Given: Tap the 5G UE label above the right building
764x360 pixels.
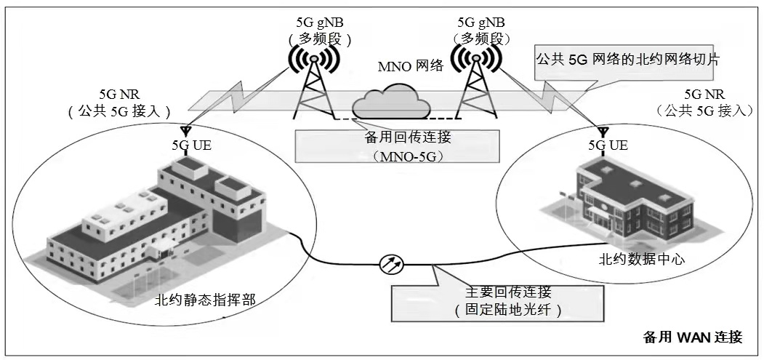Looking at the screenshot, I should coord(607,145).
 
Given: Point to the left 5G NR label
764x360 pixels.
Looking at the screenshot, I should coord(118,95).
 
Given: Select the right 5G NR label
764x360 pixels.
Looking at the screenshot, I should coord(704,95).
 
